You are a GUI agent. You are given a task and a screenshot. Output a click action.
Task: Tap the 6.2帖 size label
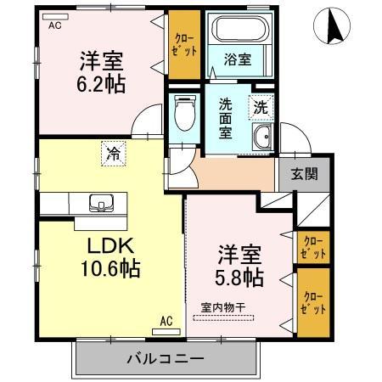(102, 85)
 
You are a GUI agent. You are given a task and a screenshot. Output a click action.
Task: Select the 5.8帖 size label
(239, 277)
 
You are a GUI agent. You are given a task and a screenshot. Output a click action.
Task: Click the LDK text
(105, 246)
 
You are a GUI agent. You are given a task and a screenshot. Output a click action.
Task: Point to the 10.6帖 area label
(105, 269)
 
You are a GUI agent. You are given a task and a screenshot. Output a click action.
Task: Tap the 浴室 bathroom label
(236, 61)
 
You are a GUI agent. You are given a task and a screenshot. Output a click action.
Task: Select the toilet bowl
(183, 110)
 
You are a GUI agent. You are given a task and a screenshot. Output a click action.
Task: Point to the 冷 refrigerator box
(112, 154)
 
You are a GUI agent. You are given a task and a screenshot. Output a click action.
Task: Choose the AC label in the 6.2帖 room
(54, 25)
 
